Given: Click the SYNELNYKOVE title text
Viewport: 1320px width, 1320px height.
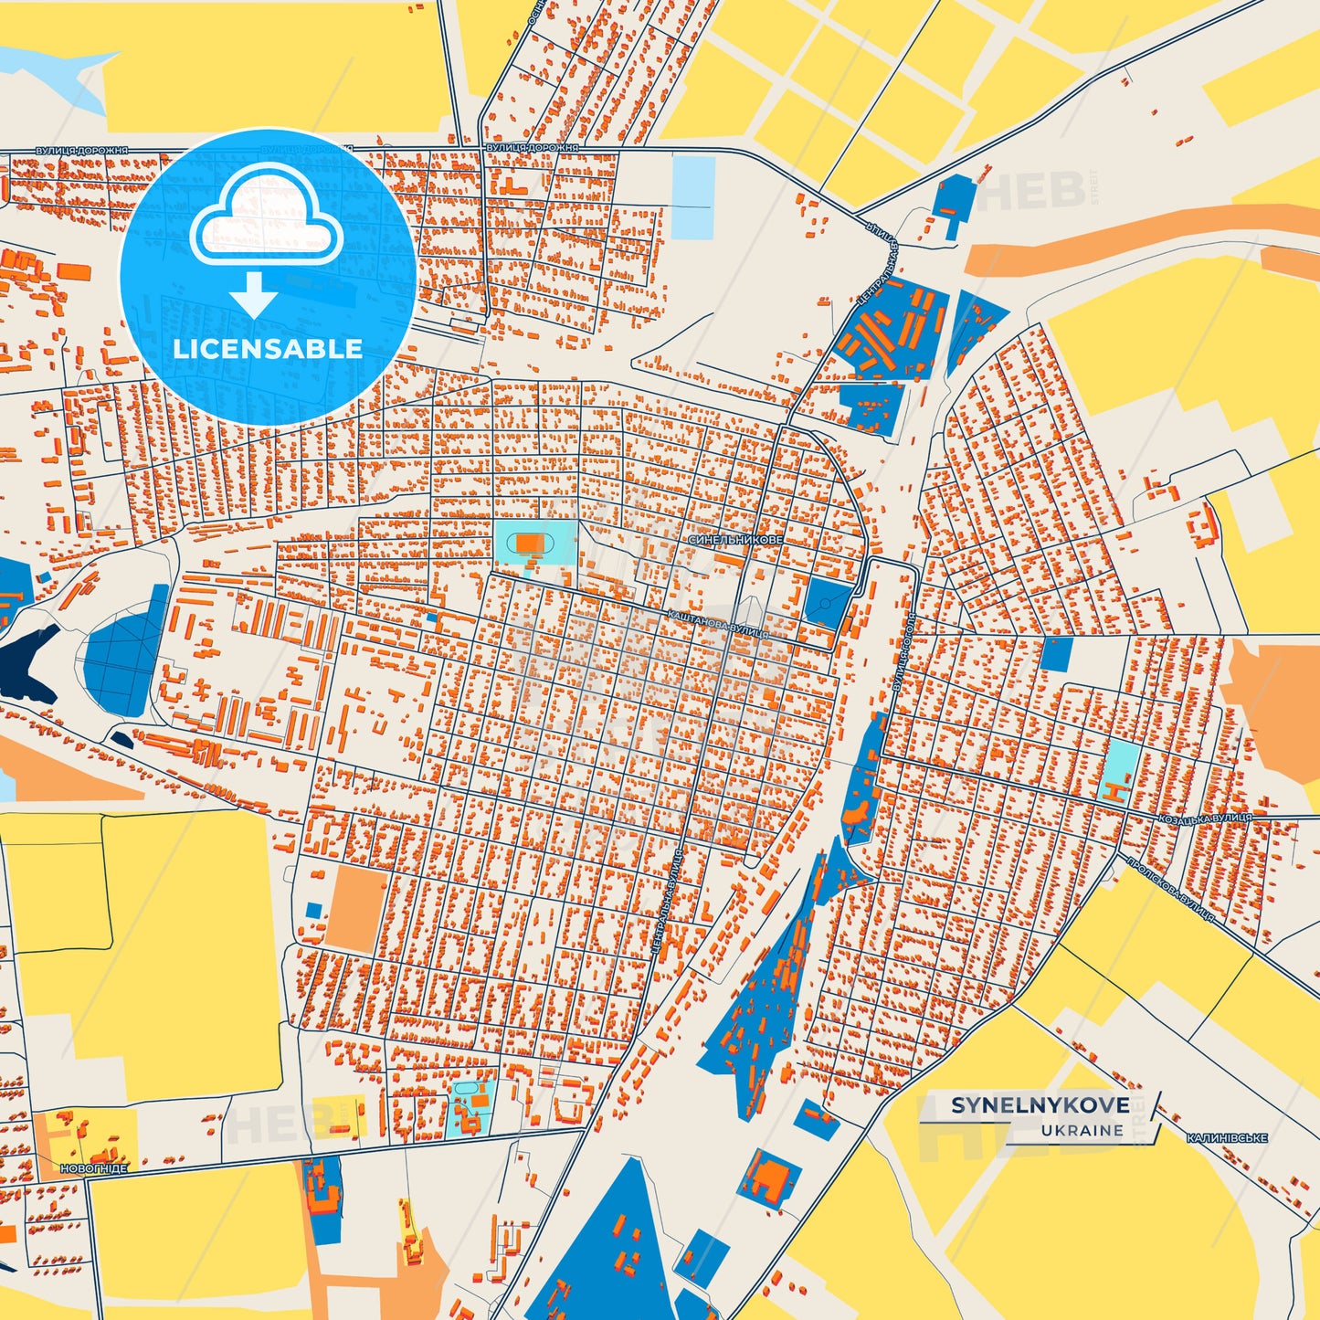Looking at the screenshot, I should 1040,1105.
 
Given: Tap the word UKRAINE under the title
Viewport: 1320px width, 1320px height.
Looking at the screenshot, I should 1082,1130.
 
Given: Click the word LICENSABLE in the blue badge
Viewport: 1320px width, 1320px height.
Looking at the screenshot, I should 268,348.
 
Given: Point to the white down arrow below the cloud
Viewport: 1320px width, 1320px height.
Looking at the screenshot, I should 254,294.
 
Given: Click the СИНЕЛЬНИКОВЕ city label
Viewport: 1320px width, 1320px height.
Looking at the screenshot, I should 735,540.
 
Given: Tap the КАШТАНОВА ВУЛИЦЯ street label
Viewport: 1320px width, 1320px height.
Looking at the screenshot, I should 718,625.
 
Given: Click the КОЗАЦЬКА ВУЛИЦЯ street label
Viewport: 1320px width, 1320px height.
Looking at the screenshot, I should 1205,818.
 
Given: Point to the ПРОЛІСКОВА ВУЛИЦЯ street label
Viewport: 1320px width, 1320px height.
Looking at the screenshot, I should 1170,888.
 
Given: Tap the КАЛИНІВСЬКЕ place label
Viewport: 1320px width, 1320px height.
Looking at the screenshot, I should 1227,1138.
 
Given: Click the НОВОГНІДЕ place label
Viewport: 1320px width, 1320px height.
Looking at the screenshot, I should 94,1168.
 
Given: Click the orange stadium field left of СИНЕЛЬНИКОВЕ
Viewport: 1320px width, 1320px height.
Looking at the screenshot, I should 529,544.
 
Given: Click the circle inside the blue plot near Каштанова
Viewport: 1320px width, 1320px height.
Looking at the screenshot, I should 826,603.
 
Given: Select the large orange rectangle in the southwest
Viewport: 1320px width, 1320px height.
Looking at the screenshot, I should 356,908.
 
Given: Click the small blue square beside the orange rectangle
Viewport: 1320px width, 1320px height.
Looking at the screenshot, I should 314,910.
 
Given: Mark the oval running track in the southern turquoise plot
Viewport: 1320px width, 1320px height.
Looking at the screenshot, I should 465,1090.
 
